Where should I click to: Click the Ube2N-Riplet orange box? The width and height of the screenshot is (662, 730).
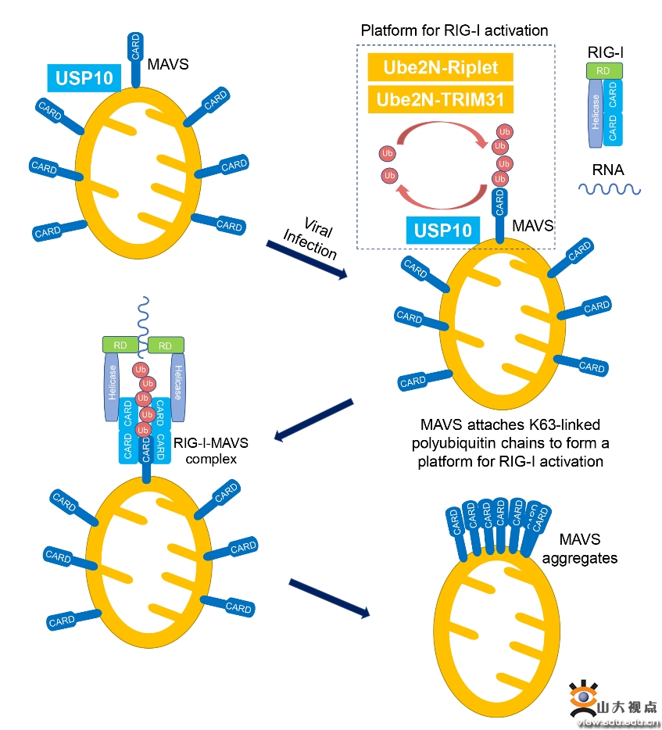(x=440, y=67)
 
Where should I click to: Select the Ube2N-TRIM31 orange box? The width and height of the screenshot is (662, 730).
(x=440, y=99)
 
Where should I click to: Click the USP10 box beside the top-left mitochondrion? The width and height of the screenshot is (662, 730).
(x=84, y=78)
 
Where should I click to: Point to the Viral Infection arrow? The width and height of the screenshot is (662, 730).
(x=306, y=259)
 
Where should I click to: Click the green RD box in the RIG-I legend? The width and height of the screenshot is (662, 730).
(x=604, y=71)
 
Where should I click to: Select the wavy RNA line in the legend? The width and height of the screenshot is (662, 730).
(x=610, y=188)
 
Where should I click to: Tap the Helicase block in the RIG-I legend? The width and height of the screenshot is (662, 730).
(x=595, y=113)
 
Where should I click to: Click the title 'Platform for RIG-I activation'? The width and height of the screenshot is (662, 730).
(x=454, y=30)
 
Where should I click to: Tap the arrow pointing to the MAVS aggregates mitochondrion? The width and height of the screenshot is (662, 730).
(x=328, y=598)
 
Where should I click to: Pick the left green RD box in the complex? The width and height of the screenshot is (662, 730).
(x=120, y=345)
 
